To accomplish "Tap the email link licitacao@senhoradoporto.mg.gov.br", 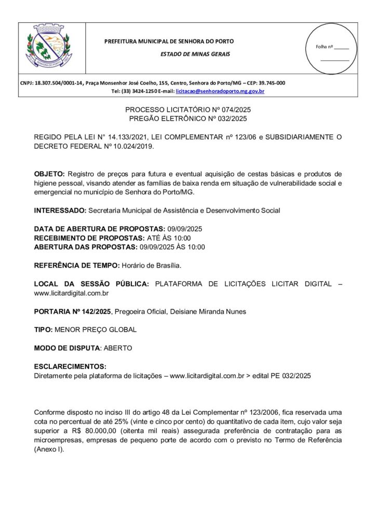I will (x=220, y=91).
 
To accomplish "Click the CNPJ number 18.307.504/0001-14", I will (x=59, y=83).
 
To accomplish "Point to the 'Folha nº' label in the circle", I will (x=324, y=47).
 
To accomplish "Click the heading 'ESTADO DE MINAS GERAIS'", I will (x=195, y=54).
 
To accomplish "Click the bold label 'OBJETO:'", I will (x=49, y=173).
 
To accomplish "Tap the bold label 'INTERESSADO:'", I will (x=60, y=211).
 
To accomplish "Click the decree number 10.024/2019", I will (x=131, y=146).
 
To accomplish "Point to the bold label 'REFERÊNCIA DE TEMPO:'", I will (x=77, y=265).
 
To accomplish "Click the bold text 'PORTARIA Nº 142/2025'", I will (x=72, y=312).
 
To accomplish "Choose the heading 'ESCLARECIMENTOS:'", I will (x=70, y=366).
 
